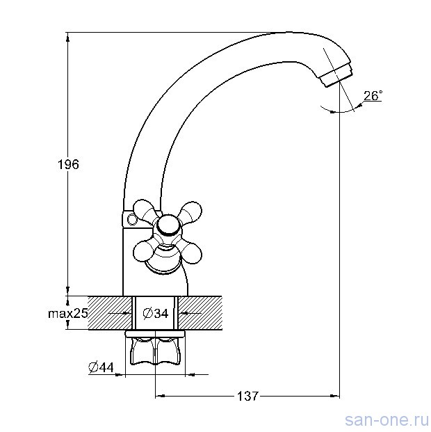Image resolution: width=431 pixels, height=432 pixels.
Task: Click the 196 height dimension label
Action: coord(68,164)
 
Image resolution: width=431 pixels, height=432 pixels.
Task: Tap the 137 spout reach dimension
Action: coord(247,397)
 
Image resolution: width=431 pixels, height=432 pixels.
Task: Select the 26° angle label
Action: coord(373,95)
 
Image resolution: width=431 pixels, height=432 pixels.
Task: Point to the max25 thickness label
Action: coord(67,314)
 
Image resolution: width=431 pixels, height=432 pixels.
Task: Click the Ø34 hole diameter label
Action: coord(156,313)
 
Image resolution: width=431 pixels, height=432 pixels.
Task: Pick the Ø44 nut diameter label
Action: coord(101,367)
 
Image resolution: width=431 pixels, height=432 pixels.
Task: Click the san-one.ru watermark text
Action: coord(387,420)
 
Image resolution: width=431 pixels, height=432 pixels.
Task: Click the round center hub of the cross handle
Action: coord(168,226)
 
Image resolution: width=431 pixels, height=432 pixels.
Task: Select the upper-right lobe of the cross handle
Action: coord(190,212)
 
